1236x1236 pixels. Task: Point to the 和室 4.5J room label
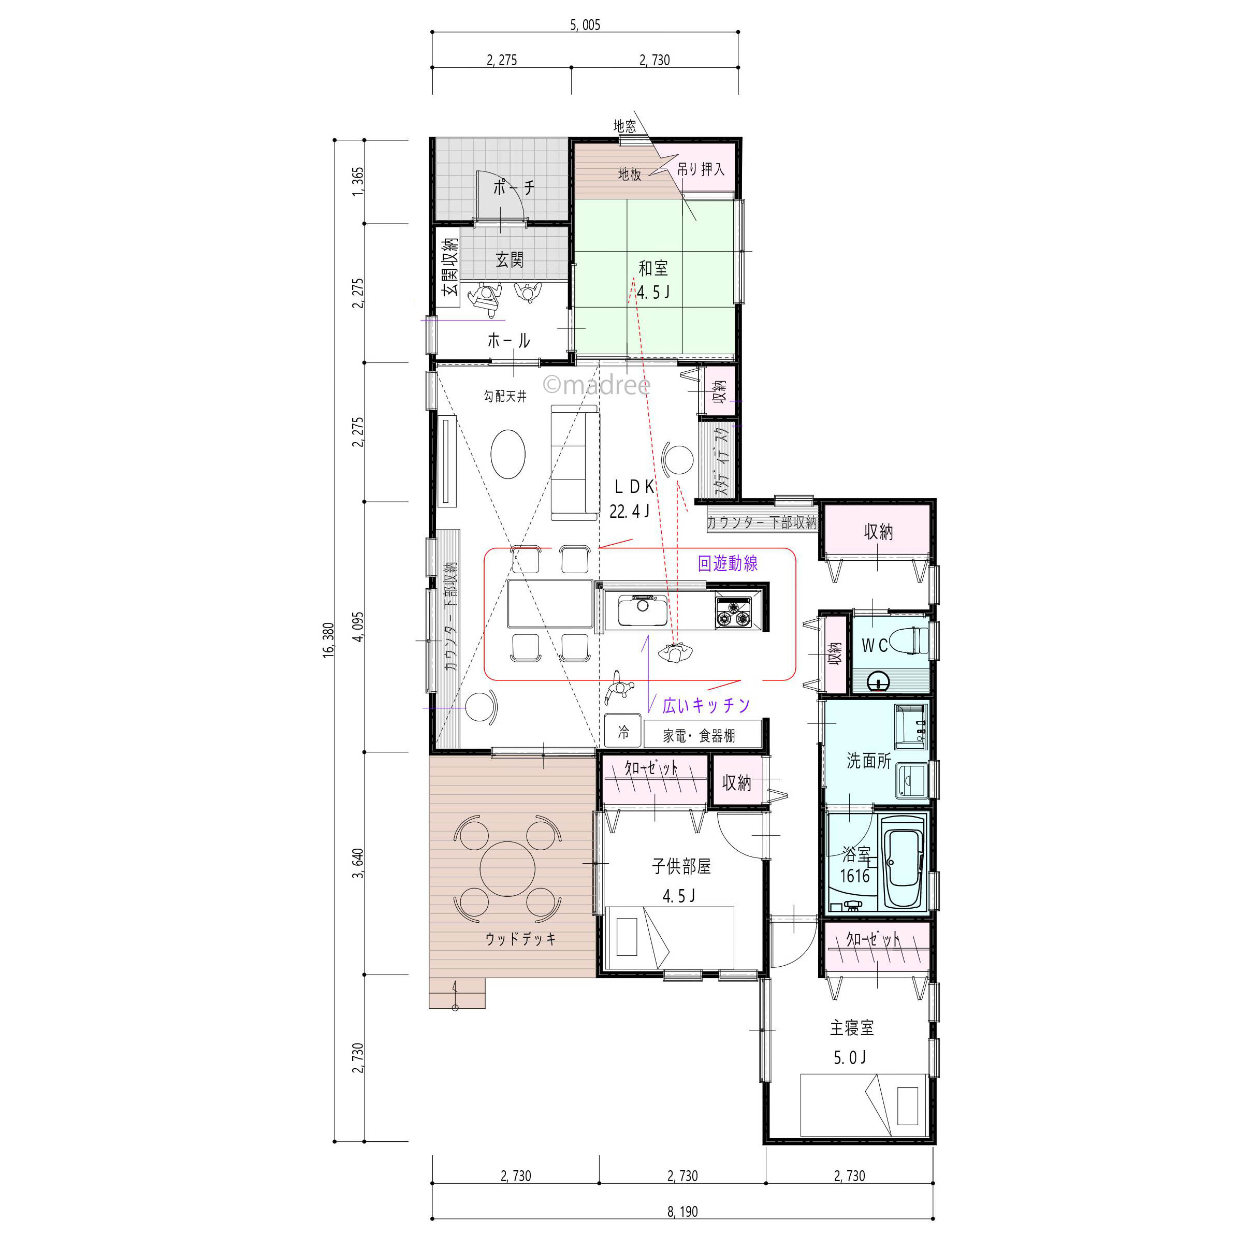pos(653,280)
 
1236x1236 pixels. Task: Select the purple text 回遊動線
pos(728,563)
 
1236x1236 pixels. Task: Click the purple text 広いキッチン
pos(706,705)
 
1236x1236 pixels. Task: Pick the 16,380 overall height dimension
pos(328,640)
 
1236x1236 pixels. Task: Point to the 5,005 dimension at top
pos(585,25)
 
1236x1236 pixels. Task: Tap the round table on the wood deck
pos(508,869)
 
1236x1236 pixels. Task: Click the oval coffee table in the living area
pos(508,454)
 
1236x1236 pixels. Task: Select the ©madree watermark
pos(596,385)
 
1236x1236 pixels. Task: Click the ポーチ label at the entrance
pos(514,187)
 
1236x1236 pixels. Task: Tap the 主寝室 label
pos(851,1027)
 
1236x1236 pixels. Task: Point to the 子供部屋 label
pos(681,866)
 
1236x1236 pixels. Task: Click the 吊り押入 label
pos(701,169)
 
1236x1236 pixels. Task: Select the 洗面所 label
pos(869,761)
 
